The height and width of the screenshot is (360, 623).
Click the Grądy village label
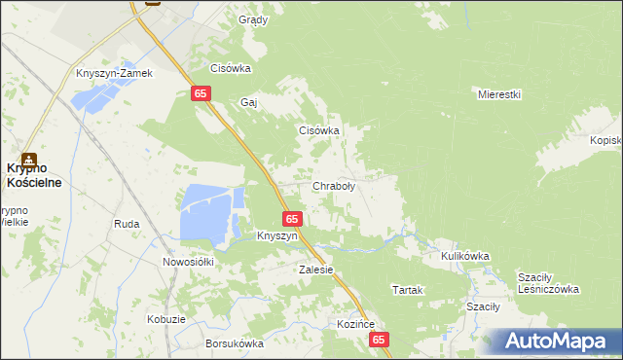253,19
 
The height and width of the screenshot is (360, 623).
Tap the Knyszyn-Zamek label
115,73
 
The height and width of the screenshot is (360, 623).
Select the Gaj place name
247,101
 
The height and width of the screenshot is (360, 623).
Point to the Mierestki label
500,94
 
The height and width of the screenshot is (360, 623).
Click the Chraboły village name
333,186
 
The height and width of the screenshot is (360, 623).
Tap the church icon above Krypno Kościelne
29,159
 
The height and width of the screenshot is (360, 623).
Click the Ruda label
127,224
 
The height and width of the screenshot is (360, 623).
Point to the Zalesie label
316,270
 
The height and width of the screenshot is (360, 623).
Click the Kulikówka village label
464,256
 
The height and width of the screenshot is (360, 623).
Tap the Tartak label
405,290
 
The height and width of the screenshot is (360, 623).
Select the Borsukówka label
235,343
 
